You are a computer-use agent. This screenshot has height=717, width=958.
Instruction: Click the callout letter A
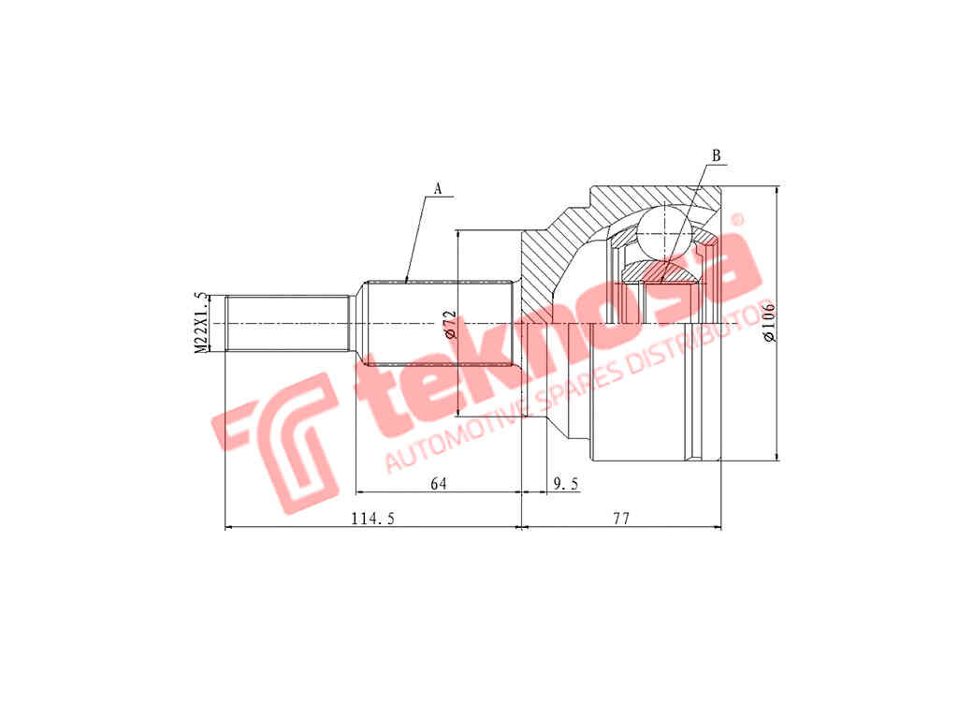tap(438, 189)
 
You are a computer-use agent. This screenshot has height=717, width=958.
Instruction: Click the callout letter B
tap(716, 155)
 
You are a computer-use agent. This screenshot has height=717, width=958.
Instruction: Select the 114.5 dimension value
tap(372, 519)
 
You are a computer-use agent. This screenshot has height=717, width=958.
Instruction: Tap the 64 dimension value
tap(439, 484)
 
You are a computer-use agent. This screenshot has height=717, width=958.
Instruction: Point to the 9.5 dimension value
tap(565, 484)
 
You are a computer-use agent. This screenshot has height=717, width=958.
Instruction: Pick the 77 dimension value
tap(621, 519)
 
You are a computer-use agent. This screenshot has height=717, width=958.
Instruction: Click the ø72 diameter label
tap(450, 324)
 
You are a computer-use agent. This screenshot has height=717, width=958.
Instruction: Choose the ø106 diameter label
tap(769, 321)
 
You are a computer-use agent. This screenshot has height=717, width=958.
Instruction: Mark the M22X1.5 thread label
tap(200, 323)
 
